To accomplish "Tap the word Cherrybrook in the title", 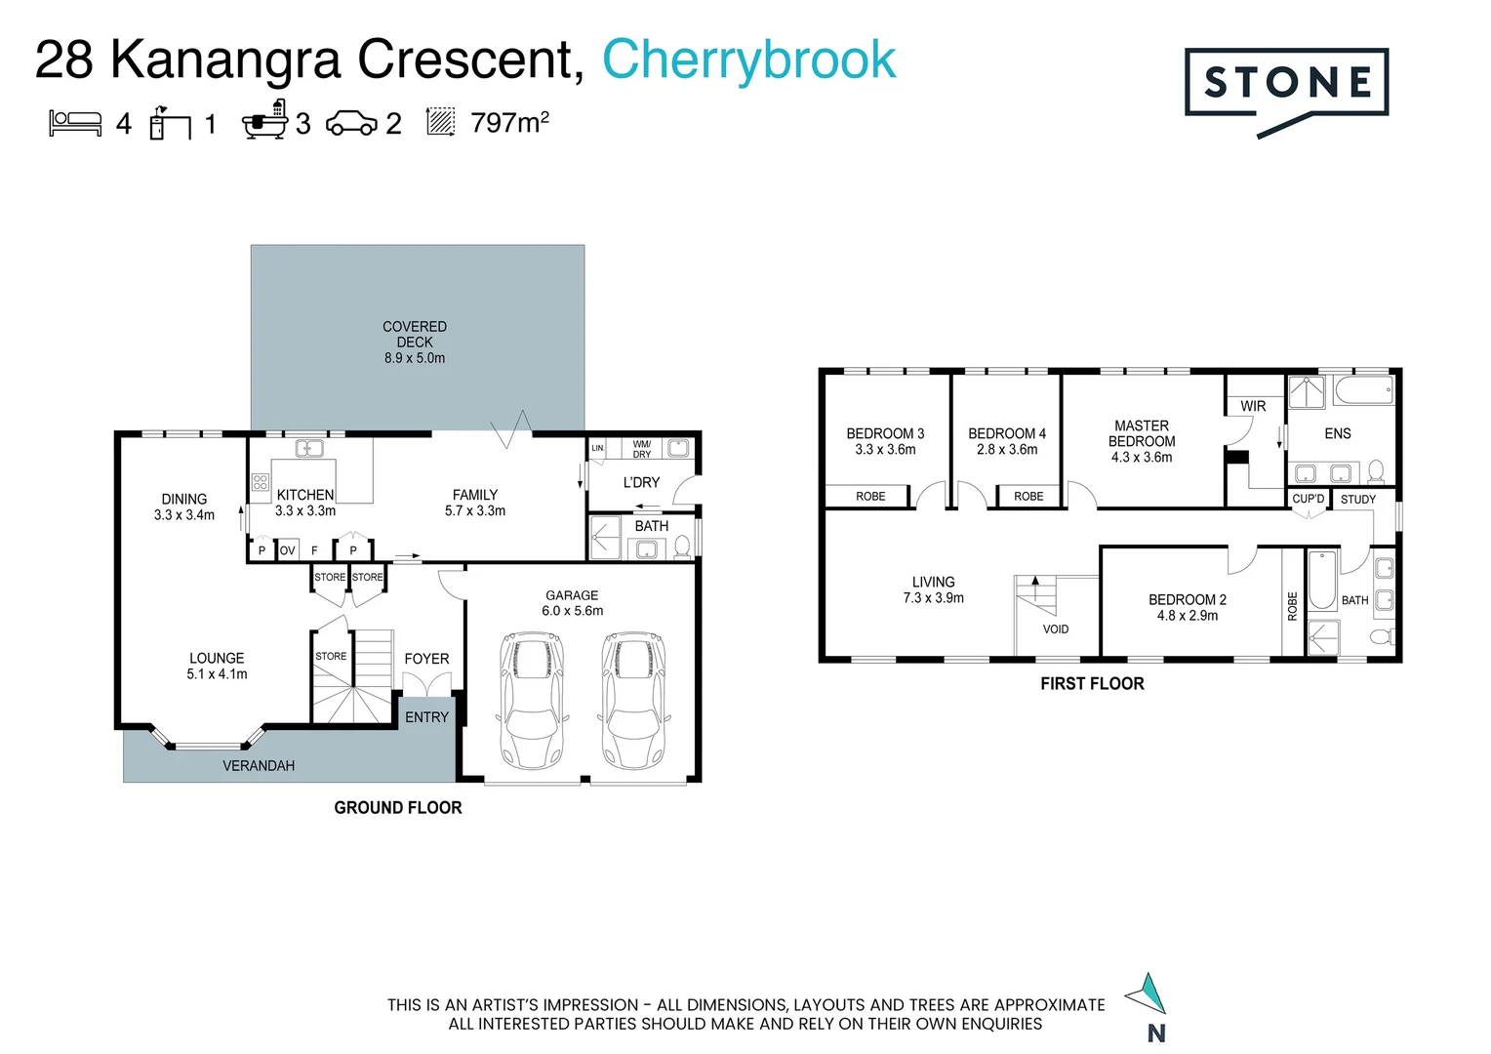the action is [748, 60].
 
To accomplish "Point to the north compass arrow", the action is [1147, 993].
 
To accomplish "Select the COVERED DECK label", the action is [415, 334].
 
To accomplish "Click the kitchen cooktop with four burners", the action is [261, 482].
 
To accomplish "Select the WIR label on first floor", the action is [1253, 406].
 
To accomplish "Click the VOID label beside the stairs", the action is [1056, 629].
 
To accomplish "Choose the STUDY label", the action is [1358, 500].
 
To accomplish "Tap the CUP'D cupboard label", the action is [1308, 499].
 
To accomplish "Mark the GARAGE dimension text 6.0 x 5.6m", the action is [573, 611].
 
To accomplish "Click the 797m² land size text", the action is [510, 123].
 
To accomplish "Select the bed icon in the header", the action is [75, 124].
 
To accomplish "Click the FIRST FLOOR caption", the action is [1092, 684].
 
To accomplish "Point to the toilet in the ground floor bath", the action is [682, 547].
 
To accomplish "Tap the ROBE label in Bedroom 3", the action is [870, 496].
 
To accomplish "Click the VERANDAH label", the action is [259, 766].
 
